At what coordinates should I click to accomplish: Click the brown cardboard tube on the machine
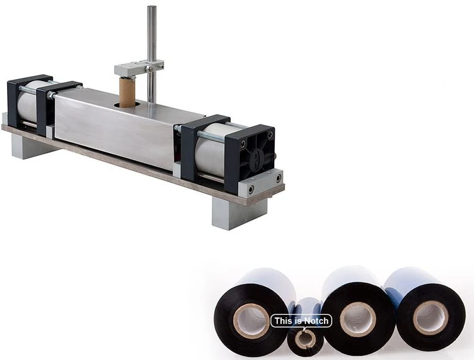[127, 92]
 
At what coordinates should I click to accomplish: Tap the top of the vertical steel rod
[152, 7]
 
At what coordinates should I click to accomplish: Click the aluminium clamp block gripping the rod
[138, 67]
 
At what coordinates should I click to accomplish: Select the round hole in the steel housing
[127, 105]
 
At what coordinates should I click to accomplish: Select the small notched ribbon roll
[305, 338]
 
